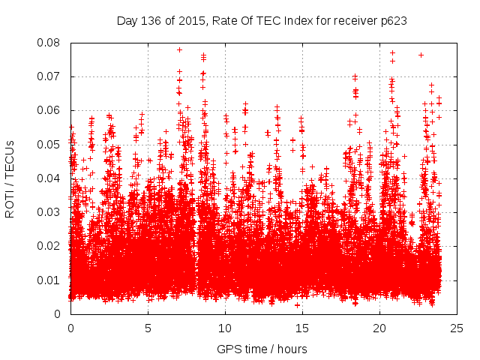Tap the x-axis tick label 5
pos(148,328)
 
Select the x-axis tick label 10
pos(225,328)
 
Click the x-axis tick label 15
pos(302,328)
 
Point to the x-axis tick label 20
pos(379,328)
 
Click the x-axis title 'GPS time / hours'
pos(262,349)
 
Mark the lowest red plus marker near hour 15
pos(298,305)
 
